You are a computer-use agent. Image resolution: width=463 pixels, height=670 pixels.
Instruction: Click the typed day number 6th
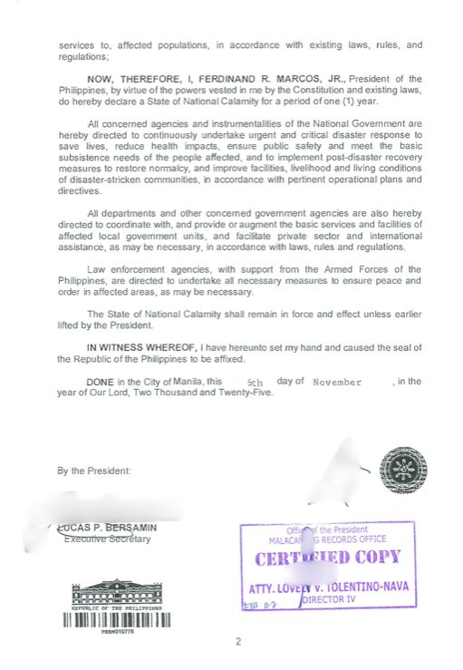click(x=255, y=383)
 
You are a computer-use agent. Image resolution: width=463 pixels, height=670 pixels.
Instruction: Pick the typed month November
click(x=336, y=383)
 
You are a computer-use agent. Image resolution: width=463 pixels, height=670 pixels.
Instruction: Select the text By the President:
click(x=94, y=471)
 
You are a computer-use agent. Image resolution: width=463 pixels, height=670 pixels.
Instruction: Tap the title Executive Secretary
click(x=107, y=539)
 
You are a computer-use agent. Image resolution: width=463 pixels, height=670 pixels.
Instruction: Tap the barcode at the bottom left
click(x=115, y=622)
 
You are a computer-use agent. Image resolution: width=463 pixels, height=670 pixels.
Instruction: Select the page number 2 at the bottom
click(x=238, y=643)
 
